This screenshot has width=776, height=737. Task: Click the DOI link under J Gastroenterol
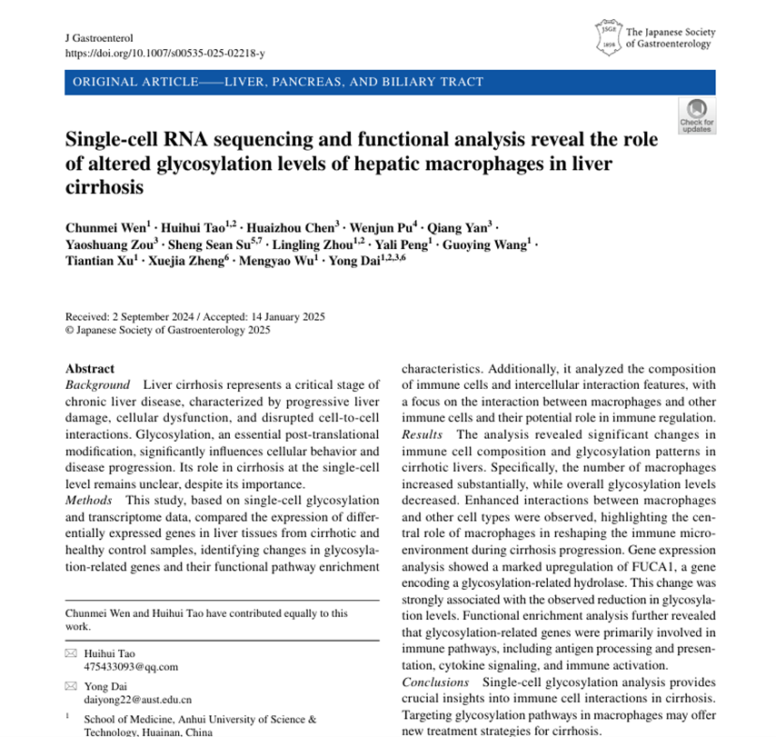(x=164, y=54)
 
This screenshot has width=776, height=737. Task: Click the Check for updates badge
(x=696, y=116)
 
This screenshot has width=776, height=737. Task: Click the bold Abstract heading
(x=90, y=369)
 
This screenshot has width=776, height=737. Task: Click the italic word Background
(x=97, y=385)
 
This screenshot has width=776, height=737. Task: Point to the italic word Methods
(x=89, y=501)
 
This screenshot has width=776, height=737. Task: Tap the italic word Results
(x=423, y=435)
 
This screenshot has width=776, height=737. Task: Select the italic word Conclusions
(x=435, y=682)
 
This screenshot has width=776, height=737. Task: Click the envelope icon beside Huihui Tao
(x=71, y=653)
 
